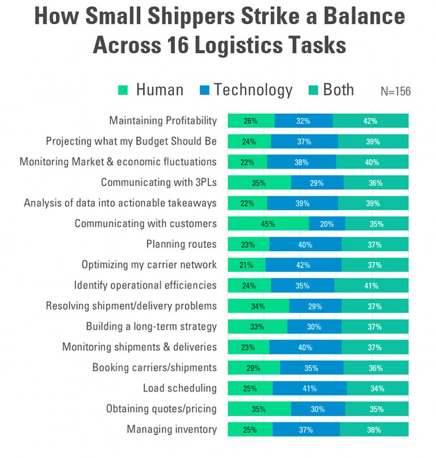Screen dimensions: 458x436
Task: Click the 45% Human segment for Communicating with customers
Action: point(268,224)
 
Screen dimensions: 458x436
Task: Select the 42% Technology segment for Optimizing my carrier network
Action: point(303,265)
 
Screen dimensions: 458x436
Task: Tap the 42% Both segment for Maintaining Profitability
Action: point(370,121)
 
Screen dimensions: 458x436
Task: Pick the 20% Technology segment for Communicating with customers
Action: point(327,224)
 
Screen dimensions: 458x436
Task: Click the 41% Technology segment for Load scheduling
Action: point(309,388)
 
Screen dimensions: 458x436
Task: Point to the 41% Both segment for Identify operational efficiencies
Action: point(371,285)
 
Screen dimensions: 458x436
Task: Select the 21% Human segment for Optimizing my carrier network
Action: point(246,265)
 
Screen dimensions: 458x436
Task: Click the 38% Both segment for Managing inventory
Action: point(374,430)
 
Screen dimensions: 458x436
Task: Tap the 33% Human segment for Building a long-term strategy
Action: point(257,327)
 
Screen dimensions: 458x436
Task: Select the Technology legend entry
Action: point(245,90)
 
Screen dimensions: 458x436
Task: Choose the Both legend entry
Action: point(331,90)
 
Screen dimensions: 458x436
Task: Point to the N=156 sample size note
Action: point(395,91)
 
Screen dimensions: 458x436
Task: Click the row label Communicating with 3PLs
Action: point(159,182)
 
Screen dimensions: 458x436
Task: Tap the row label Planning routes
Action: point(181,244)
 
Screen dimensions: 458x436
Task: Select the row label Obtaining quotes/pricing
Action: point(161,409)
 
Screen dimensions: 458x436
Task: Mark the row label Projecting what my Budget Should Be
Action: point(131,141)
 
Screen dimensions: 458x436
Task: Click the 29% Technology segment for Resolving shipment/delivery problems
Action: point(315,306)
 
